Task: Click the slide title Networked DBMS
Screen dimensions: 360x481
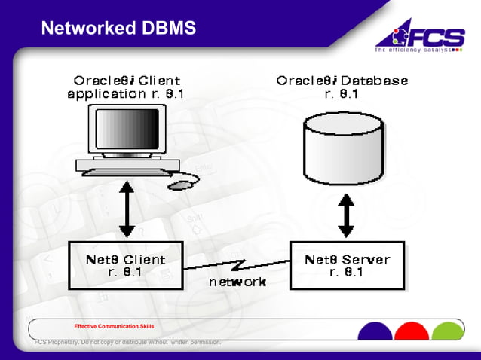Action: (118, 29)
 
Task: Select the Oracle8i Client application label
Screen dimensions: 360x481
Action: (126, 87)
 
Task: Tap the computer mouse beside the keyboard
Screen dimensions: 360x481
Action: (180, 184)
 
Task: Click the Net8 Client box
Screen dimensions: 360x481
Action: (125, 265)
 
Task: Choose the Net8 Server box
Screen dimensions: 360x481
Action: (347, 265)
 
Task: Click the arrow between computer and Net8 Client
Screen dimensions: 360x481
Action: (127, 210)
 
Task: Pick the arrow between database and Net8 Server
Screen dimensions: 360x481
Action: (346, 214)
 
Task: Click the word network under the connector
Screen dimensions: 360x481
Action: (237, 282)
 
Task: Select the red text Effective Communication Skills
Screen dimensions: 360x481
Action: (114, 326)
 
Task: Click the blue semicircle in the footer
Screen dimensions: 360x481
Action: (374, 332)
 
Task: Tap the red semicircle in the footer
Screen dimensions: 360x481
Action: (412, 332)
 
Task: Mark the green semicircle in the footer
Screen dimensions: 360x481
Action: (449, 332)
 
